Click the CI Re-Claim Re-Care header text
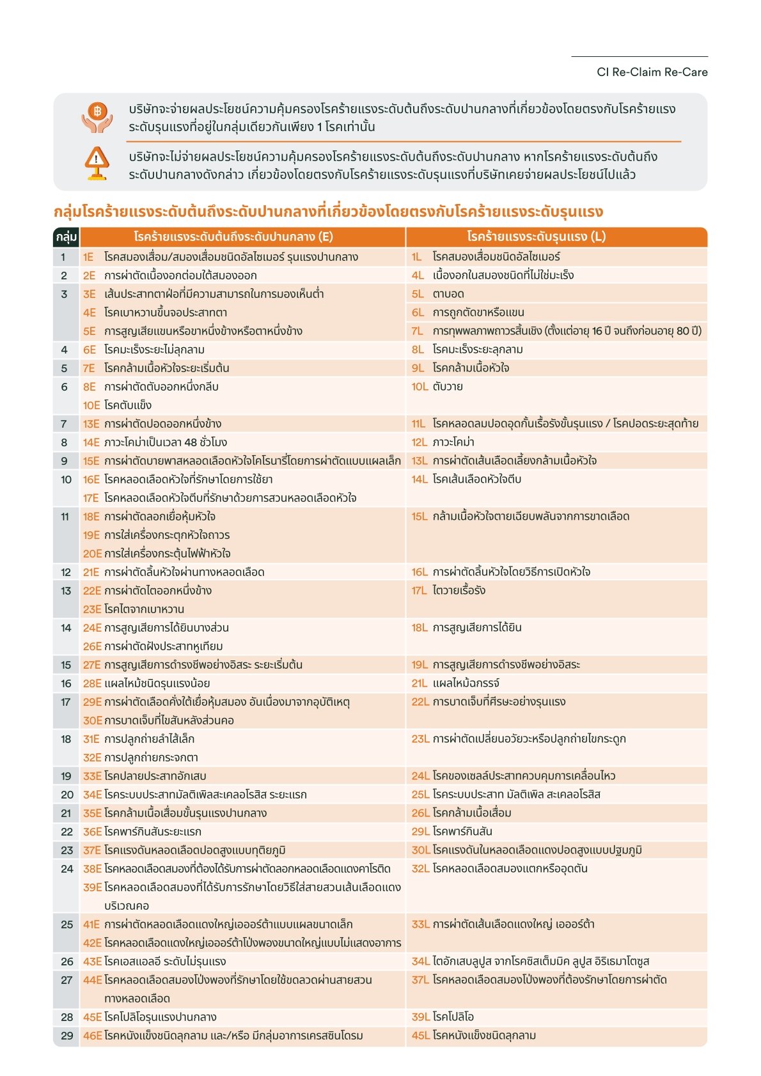pyautogui.click(x=652, y=72)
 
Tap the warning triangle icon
pyautogui.click(x=97, y=163)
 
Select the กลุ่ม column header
pyautogui.click(x=67, y=237)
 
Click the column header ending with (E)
pyautogui.click(x=233, y=237)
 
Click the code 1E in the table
pyautogui.click(x=88, y=257)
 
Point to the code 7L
pyautogui.click(x=418, y=331)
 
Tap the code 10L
pyautogui.click(x=420, y=387)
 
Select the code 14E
pyautogui.click(x=91, y=442)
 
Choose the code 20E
pyautogui.click(x=92, y=554)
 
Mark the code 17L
pyautogui.click(x=420, y=591)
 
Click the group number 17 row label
pyautogui.click(x=65, y=702)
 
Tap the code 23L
pyautogui.click(x=420, y=739)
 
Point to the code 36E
pyautogui.click(x=92, y=832)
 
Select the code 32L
pyautogui.click(x=420, y=869)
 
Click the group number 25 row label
pyautogui.click(x=67, y=924)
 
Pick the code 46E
pyautogui.click(x=92, y=1036)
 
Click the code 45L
pyautogui.click(x=420, y=1036)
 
